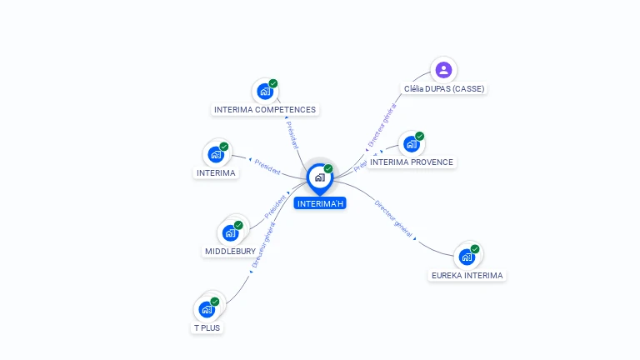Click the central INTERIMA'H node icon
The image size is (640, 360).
tap(319, 177)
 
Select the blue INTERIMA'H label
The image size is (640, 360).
tap(320, 203)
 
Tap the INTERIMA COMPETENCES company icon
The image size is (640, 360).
tap(265, 91)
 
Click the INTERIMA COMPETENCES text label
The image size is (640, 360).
tap(265, 109)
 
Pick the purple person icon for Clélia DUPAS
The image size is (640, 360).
tap(443, 70)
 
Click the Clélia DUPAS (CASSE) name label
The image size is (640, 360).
tap(443, 88)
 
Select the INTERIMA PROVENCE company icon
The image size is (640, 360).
tap(411, 143)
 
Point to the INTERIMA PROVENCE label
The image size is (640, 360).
tap(412, 162)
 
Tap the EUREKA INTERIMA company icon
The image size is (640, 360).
tap(467, 256)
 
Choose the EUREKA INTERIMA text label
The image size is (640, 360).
tap(467, 275)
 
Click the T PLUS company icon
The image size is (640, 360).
tap(207, 309)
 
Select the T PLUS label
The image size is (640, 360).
tap(207, 327)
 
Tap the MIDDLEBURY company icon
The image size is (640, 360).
tap(231, 232)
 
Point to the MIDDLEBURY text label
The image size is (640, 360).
tap(231, 251)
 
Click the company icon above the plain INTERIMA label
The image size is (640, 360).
tap(216, 154)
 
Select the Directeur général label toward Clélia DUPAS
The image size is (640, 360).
tap(382, 124)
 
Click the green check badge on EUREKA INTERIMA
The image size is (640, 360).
tap(475, 248)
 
